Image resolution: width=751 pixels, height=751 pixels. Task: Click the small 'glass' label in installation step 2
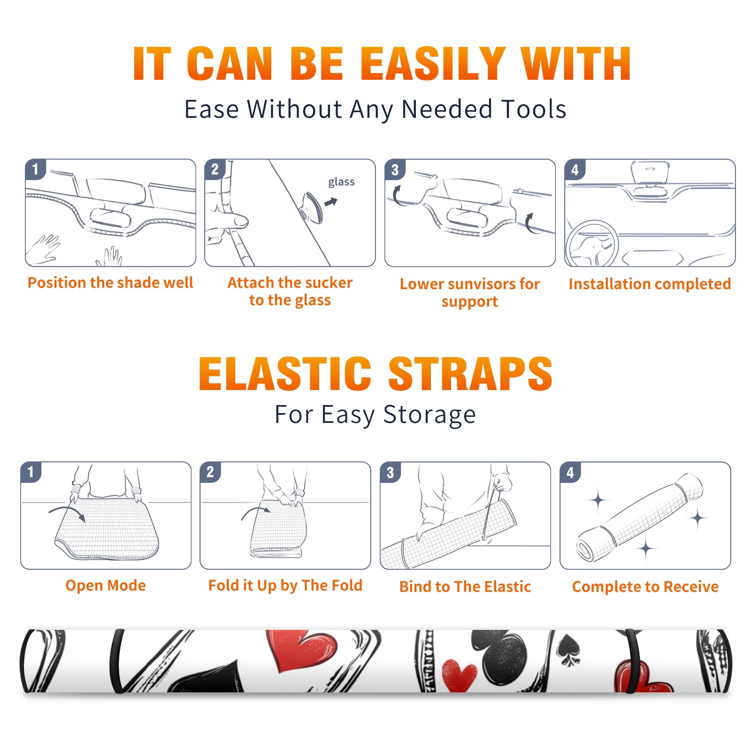pyautogui.click(x=341, y=182)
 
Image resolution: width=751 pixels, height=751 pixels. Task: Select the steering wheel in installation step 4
pyautogui.click(x=592, y=244)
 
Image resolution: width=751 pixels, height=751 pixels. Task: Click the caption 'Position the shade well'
pyautogui.click(x=110, y=283)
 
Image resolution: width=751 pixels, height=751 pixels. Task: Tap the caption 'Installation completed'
pyautogui.click(x=650, y=284)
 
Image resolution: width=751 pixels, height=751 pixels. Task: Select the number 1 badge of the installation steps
pyautogui.click(x=35, y=169)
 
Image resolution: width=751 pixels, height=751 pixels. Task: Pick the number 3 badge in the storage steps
pyautogui.click(x=390, y=472)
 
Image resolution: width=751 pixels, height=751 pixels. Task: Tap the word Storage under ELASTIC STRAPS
pyautogui.click(x=429, y=415)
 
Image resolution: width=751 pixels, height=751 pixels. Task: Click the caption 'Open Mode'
pyautogui.click(x=106, y=585)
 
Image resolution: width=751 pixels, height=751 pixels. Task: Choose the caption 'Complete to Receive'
pyautogui.click(x=645, y=587)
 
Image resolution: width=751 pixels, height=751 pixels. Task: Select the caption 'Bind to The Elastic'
pyautogui.click(x=465, y=587)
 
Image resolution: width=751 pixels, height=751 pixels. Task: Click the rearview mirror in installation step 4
pyautogui.click(x=650, y=172)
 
